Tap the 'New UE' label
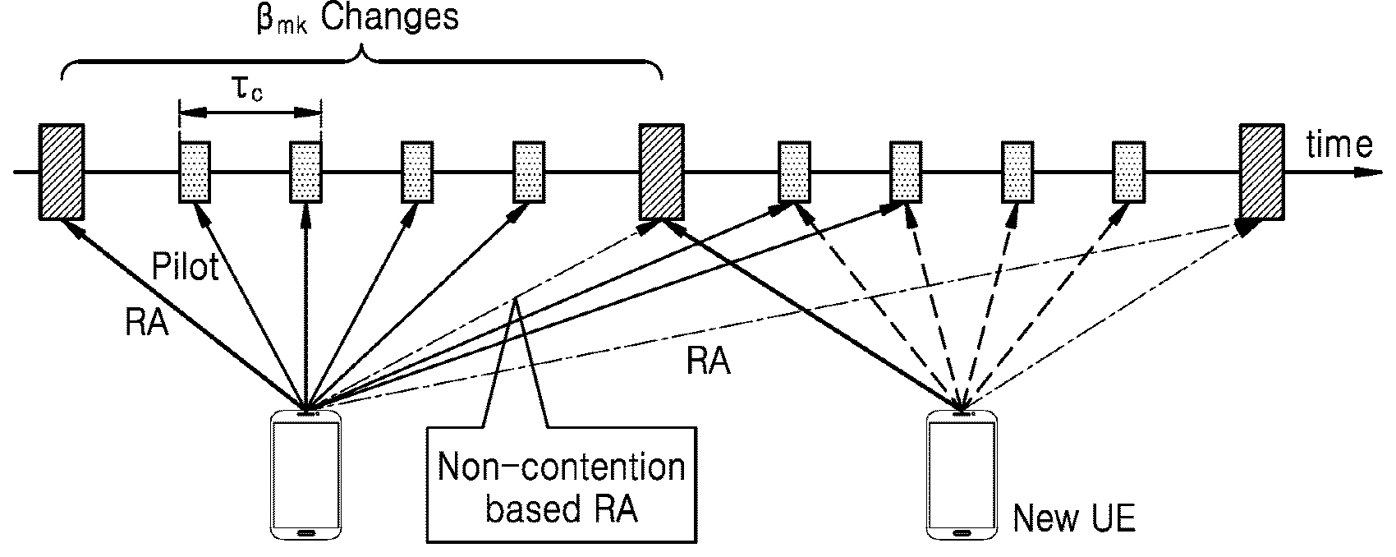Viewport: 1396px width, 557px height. coord(1074,518)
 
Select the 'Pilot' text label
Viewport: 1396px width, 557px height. coord(185,266)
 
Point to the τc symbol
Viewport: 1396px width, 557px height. coord(249,90)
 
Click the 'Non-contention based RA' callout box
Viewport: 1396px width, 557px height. coord(562,485)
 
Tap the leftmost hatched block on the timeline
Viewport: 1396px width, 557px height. coord(62,173)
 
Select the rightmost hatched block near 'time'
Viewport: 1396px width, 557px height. coord(1261,173)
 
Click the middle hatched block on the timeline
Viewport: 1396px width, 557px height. coord(662,173)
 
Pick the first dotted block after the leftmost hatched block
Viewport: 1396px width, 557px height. coord(195,173)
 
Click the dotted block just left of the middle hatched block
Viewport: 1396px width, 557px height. coord(529,173)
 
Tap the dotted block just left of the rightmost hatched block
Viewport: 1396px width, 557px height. coord(1128,173)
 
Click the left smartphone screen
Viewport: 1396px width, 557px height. coord(306,474)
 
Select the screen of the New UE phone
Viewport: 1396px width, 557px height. coord(962,474)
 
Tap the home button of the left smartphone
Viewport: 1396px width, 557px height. coord(306,534)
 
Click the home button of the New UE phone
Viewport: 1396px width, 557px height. coord(962,534)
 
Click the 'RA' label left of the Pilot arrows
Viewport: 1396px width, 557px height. coord(147,323)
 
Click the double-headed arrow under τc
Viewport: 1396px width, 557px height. coord(250,113)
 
